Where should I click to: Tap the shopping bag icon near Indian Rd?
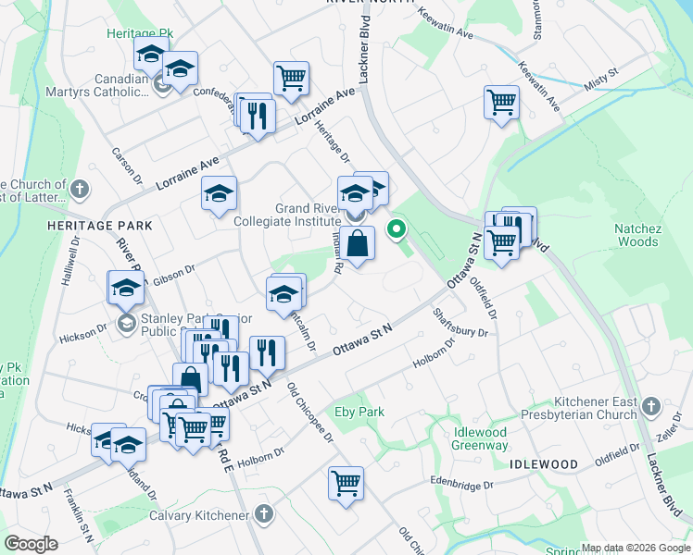357,245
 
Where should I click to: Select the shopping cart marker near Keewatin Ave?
501,102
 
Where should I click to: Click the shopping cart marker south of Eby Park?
346,483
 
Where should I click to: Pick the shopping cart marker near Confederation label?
291,78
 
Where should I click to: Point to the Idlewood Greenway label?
481,439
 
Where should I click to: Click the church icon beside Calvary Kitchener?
264,514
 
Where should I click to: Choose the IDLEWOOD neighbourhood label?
543,463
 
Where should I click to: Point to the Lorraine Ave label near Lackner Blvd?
325,108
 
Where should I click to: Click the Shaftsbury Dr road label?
460,324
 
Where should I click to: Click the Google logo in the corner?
30,544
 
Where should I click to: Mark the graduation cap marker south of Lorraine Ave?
219,193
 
